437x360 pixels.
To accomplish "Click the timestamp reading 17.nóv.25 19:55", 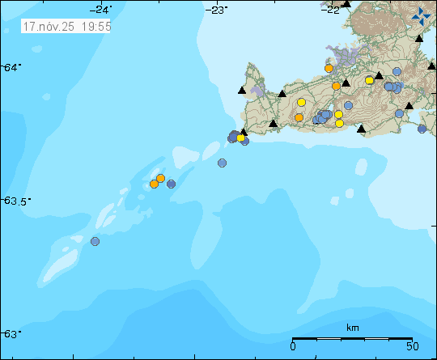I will (x=67, y=26).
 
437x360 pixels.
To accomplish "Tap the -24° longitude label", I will (x=101, y=9).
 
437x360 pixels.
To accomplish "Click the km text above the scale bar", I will (x=352, y=328).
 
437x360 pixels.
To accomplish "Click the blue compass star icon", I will (x=421, y=15).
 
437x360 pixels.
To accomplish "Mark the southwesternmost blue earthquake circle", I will (x=95, y=241).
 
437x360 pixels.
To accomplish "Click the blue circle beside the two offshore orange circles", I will (x=172, y=184).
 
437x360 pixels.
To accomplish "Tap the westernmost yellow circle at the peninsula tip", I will (x=240, y=138).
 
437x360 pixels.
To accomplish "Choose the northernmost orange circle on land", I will (x=329, y=69).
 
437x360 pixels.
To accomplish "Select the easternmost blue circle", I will (x=422, y=129).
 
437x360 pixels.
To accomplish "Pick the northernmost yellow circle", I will (x=369, y=80).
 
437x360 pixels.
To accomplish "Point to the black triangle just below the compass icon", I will (x=419, y=38).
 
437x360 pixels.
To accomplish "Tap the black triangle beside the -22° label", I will (x=346, y=4).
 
